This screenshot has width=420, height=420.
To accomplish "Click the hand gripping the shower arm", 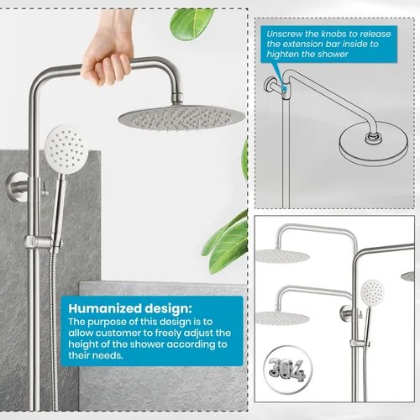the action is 108,56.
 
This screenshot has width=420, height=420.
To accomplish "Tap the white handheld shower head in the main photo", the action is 66,150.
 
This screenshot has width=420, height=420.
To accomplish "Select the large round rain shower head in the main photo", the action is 181,119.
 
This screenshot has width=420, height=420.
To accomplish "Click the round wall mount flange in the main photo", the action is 15,186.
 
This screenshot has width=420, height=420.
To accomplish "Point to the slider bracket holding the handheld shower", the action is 42,241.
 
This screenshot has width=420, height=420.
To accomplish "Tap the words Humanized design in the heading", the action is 129,308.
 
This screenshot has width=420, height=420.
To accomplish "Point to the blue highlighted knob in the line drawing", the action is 285,89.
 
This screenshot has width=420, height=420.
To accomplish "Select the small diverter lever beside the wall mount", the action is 45,189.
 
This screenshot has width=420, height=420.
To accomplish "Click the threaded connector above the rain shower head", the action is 177,98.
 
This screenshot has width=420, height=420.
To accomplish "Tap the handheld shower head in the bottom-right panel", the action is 373,292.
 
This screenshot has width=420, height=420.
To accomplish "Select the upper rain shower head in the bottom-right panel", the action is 282,256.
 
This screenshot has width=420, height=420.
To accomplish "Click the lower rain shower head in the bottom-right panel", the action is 282,318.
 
